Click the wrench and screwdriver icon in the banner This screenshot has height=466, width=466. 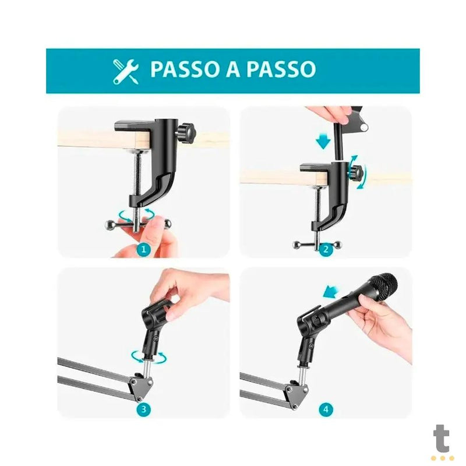coord(126,70)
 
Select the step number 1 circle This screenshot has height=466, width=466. coord(144,250)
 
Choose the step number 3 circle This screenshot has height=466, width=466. coord(144,409)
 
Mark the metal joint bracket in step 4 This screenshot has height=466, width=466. coord(303,391)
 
